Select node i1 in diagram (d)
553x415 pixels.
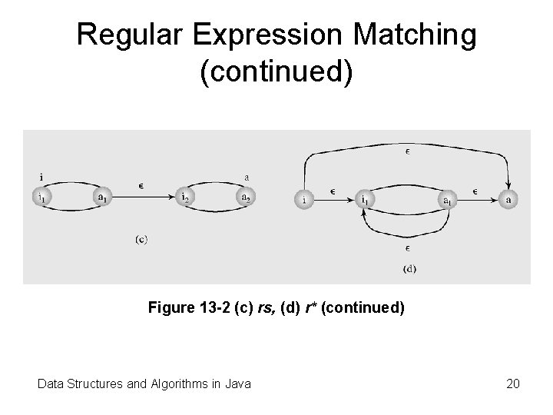[365, 200]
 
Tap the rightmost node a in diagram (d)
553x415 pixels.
[508, 200]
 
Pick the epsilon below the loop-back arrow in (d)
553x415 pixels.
[407, 248]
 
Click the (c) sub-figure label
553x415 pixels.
[142, 239]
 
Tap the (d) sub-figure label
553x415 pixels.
[409, 268]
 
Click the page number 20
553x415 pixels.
[513, 383]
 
